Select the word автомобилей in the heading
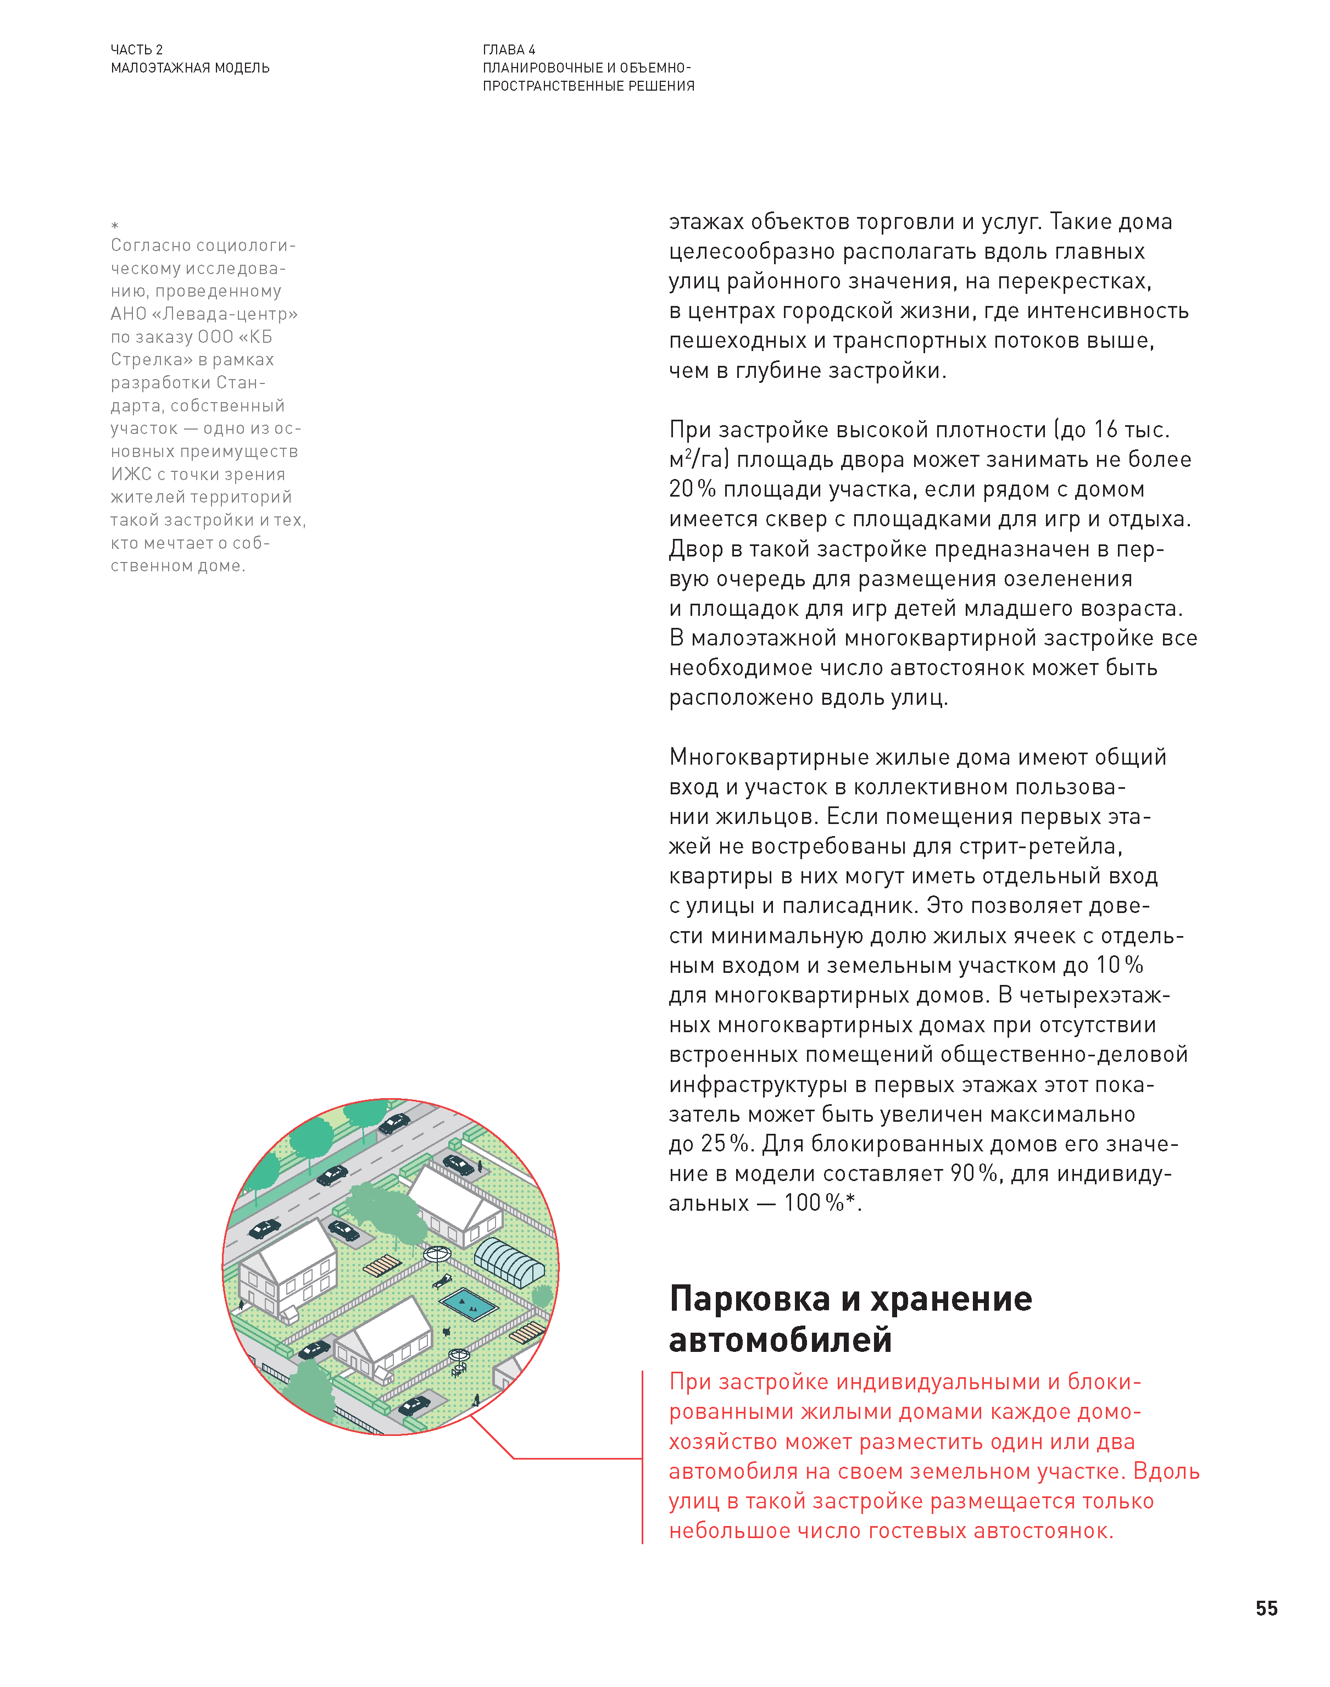780,1339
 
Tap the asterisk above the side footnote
114,226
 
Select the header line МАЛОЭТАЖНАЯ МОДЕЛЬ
190,68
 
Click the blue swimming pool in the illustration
468,1303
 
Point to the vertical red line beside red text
642,1456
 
